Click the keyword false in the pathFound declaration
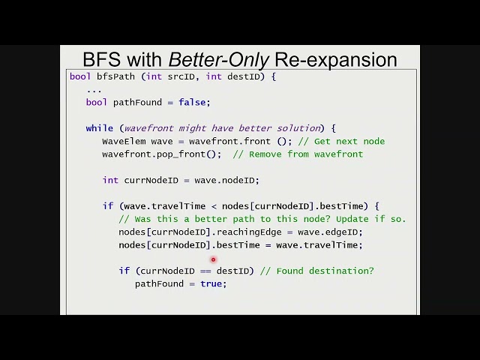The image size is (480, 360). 194,102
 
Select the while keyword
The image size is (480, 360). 99,128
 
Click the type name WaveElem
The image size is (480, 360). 124,141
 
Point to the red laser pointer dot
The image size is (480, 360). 213,259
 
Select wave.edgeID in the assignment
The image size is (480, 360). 330,232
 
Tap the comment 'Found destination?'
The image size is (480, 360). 324,271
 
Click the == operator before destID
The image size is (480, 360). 205,271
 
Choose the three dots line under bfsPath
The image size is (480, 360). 94,89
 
